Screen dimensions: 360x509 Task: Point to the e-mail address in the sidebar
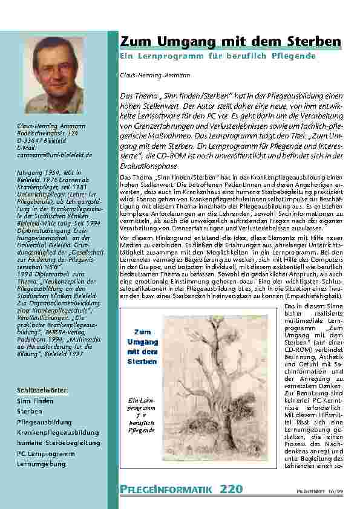pyautogui.click(x=54, y=155)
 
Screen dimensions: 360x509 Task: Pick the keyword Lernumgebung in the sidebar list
pyautogui.click(x=41, y=464)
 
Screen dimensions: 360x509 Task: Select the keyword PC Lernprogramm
pyautogui.click(x=45, y=453)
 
